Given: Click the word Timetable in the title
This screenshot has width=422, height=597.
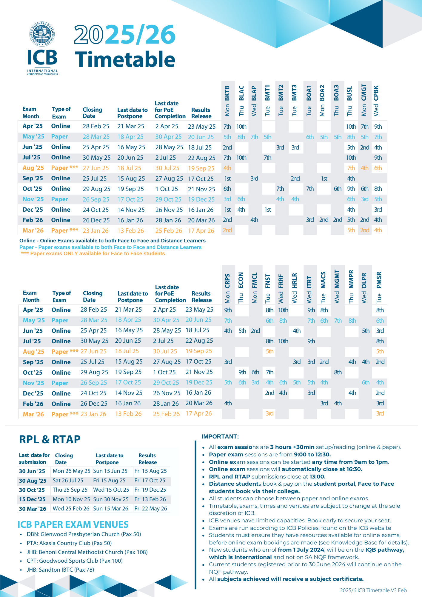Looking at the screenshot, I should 125,59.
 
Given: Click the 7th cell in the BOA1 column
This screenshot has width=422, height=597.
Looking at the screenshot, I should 310,189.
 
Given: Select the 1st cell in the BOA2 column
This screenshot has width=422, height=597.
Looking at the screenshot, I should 324,179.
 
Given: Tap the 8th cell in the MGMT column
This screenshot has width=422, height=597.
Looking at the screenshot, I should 338,372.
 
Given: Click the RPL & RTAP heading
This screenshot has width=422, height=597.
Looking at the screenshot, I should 50,439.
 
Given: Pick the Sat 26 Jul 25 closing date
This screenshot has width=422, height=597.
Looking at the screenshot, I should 68,481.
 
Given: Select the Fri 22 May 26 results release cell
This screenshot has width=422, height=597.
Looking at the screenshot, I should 151,509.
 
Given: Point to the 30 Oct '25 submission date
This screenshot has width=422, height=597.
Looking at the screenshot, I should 32,490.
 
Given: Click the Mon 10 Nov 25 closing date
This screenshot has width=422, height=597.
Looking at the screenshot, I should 71,499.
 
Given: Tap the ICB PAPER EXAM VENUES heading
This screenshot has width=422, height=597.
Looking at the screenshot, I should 73,524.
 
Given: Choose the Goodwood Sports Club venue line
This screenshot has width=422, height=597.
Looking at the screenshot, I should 75,561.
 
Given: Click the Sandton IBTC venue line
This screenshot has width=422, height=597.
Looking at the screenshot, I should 60,570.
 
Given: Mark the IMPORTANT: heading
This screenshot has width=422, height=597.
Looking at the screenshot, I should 220,437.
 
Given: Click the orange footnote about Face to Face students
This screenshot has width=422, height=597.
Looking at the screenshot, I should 93,254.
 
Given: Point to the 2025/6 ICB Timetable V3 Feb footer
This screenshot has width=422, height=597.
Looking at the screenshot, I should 373,590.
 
